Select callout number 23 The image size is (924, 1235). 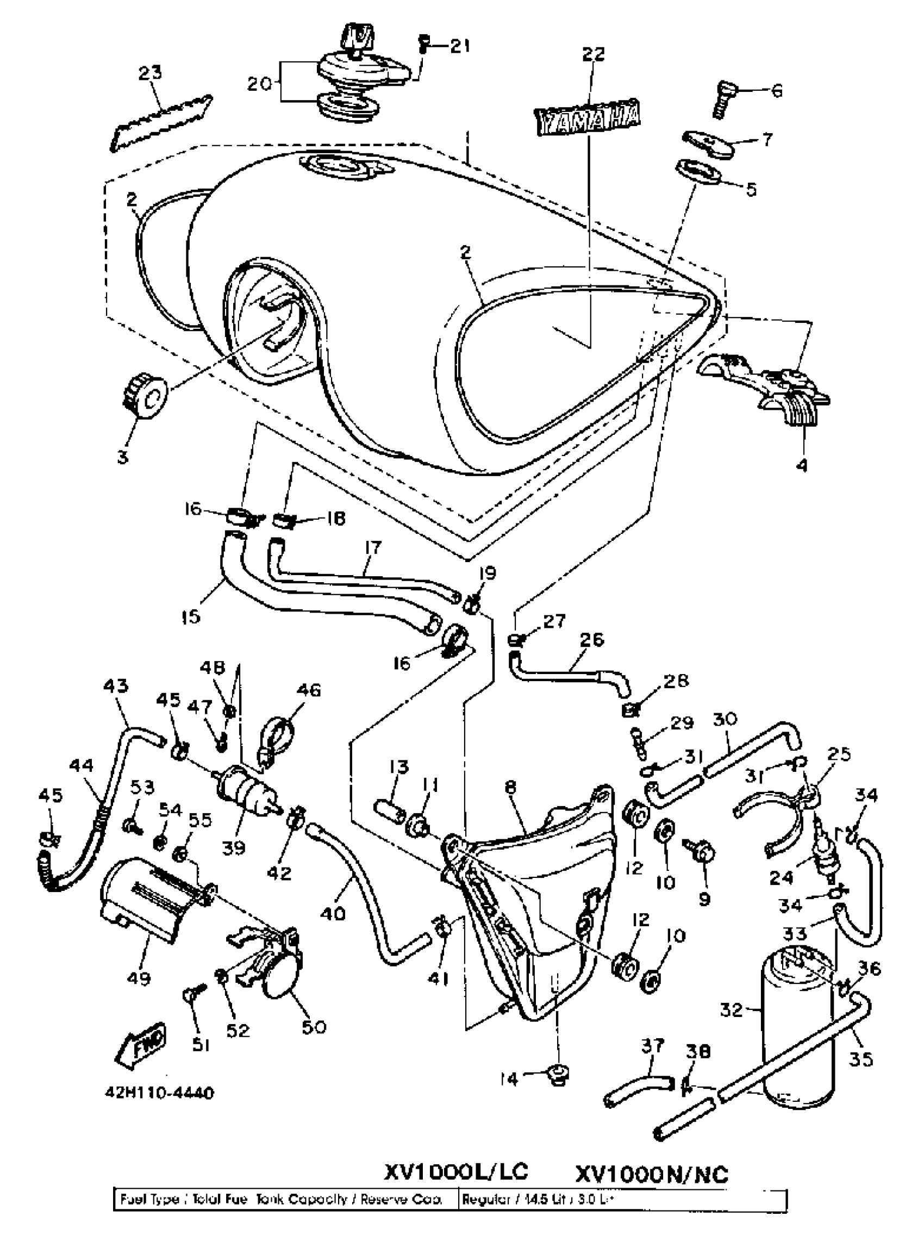pos(149,73)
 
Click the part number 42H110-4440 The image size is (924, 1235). pos(159,1093)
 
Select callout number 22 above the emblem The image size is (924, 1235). pos(593,54)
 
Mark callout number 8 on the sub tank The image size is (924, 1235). pos(510,788)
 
